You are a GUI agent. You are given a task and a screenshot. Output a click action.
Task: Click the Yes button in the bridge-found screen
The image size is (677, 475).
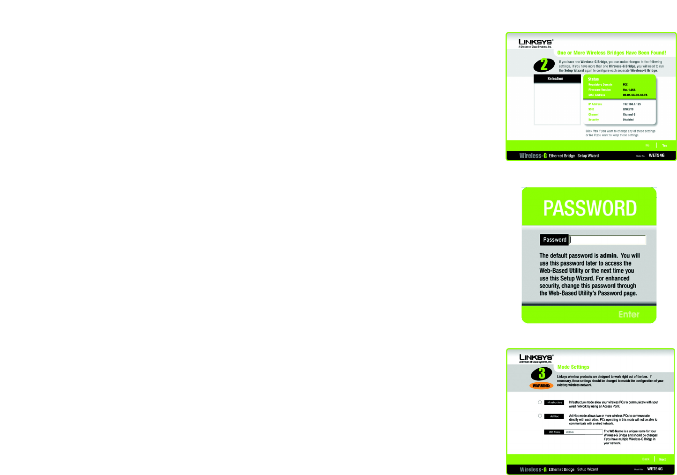[x=664, y=146]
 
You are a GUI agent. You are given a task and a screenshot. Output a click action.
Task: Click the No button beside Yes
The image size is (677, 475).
[x=647, y=146]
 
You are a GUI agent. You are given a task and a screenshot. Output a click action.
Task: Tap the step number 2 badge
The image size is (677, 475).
[x=544, y=65]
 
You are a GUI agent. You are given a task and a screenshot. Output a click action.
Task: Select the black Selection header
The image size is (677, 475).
[x=557, y=79]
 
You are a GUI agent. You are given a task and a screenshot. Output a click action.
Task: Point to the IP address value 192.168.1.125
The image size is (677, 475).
[x=632, y=104]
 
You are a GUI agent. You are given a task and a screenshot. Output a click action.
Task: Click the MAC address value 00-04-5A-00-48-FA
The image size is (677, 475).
[x=635, y=95]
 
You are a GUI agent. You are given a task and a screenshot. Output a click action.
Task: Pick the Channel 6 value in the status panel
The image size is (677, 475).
[x=629, y=114]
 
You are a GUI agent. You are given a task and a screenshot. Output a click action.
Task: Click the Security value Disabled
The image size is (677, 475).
[x=628, y=119]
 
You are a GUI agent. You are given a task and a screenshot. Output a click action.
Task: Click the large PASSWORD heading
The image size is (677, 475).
[x=590, y=208]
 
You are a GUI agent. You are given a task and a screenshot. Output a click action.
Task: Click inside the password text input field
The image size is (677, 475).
[x=608, y=240]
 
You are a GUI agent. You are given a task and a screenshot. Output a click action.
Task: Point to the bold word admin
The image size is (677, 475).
[x=609, y=256]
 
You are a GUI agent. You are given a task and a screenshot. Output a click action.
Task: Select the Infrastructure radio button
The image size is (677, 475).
[x=540, y=402]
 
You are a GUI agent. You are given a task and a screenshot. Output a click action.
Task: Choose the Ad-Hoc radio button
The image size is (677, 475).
[x=540, y=416]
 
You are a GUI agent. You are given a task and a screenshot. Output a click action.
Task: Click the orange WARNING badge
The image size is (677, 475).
[x=541, y=386]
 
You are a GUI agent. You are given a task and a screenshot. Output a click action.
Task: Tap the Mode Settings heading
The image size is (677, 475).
[x=573, y=367]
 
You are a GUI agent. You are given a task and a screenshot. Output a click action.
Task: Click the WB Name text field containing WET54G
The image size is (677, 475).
[x=583, y=432]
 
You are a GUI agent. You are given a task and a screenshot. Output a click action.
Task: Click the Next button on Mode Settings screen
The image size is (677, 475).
[x=662, y=460]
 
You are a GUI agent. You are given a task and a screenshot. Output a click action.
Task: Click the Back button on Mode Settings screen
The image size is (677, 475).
[x=646, y=460]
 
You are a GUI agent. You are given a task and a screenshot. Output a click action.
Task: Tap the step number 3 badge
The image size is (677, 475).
[x=542, y=374]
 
